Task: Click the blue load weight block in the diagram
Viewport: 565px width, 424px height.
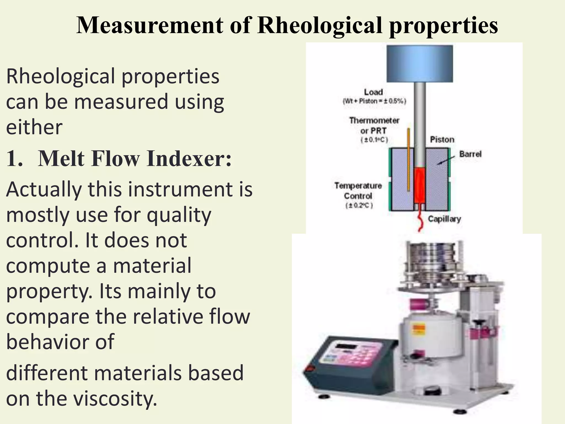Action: click(x=419, y=64)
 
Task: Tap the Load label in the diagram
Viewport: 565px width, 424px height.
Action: click(x=373, y=92)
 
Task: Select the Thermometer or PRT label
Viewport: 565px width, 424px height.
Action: click(x=374, y=126)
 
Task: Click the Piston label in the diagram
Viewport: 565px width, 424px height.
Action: click(x=442, y=140)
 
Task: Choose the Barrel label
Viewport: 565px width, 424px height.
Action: click(x=470, y=154)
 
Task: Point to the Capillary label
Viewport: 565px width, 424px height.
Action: click(x=444, y=219)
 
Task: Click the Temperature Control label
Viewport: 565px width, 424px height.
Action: click(x=358, y=191)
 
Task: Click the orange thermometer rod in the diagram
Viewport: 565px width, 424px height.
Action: click(x=408, y=160)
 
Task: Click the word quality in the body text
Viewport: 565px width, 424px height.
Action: click(x=179, y=215)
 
